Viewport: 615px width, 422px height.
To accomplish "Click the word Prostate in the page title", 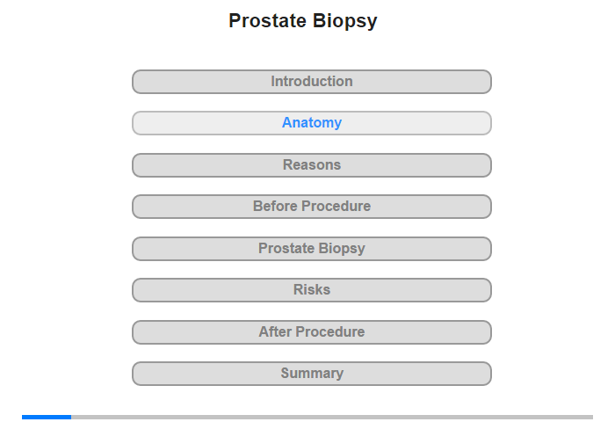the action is click(x=267, y=21).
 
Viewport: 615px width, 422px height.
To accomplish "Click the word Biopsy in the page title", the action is click(x=345, y=22).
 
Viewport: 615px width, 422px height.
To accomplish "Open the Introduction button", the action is click(x=312, y=82).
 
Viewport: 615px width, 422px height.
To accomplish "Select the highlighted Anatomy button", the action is click(x=312, y=123).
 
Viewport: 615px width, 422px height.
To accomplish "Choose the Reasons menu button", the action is click(x=312, y=165).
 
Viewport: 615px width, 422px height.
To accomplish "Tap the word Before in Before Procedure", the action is click(x=275, y=206).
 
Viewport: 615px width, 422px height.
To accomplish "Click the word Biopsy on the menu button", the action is click(x=342, y=249).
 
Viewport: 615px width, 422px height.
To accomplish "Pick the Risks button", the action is click(x=312, y=290).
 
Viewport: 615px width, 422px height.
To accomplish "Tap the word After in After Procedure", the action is click(x=275, y=332).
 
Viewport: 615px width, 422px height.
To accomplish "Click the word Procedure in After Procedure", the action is click(x=330, y=332).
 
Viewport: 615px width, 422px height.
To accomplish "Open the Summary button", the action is click(x=312, y=374).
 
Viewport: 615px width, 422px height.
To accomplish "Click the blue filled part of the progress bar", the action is click(x=47, y=417).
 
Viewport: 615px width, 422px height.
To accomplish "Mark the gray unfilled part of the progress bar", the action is click(x=332, y=417).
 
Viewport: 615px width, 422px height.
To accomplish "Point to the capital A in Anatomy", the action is click(x=287, y=122).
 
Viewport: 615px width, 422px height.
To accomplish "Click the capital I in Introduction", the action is click(x=273, y=81).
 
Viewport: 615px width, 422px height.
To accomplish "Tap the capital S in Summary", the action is click(x=286, y=373).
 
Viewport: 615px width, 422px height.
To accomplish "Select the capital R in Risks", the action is click(x=298, y=290).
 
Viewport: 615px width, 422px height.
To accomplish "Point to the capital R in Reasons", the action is click(x=288, y=165).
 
